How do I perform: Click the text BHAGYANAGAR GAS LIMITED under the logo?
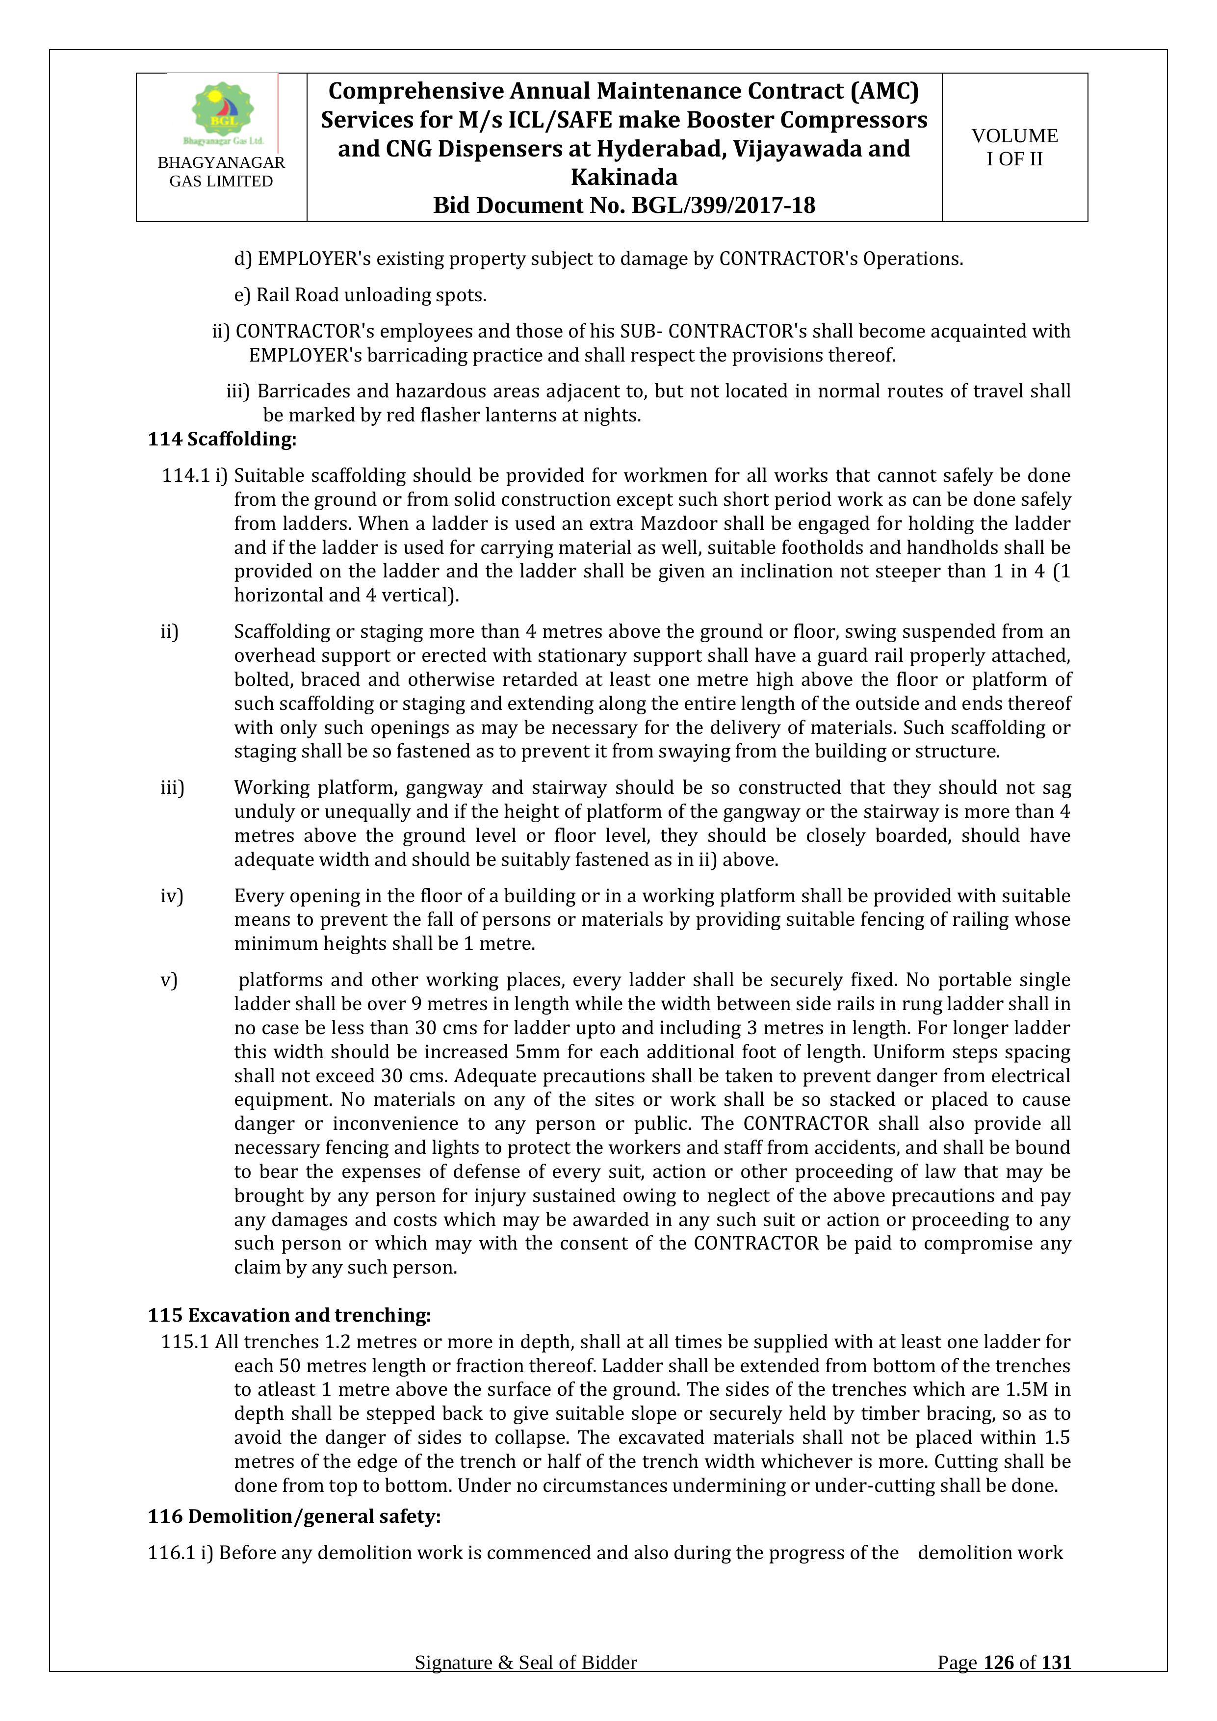point(221,172)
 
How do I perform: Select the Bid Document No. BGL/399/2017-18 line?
point(623,206)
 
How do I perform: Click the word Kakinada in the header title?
point(623,177)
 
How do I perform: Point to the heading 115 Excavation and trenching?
point(289,1315)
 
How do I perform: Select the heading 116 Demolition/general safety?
point(294,1515)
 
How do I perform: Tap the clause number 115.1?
point(184,1342)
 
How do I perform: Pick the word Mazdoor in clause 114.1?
point(679,523)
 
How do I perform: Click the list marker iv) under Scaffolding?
point(172,896)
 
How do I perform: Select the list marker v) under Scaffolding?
point(169,980)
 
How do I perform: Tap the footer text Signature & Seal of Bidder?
point(525,1684)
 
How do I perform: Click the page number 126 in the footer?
point(999,1684)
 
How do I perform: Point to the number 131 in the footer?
point(1056,1684)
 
